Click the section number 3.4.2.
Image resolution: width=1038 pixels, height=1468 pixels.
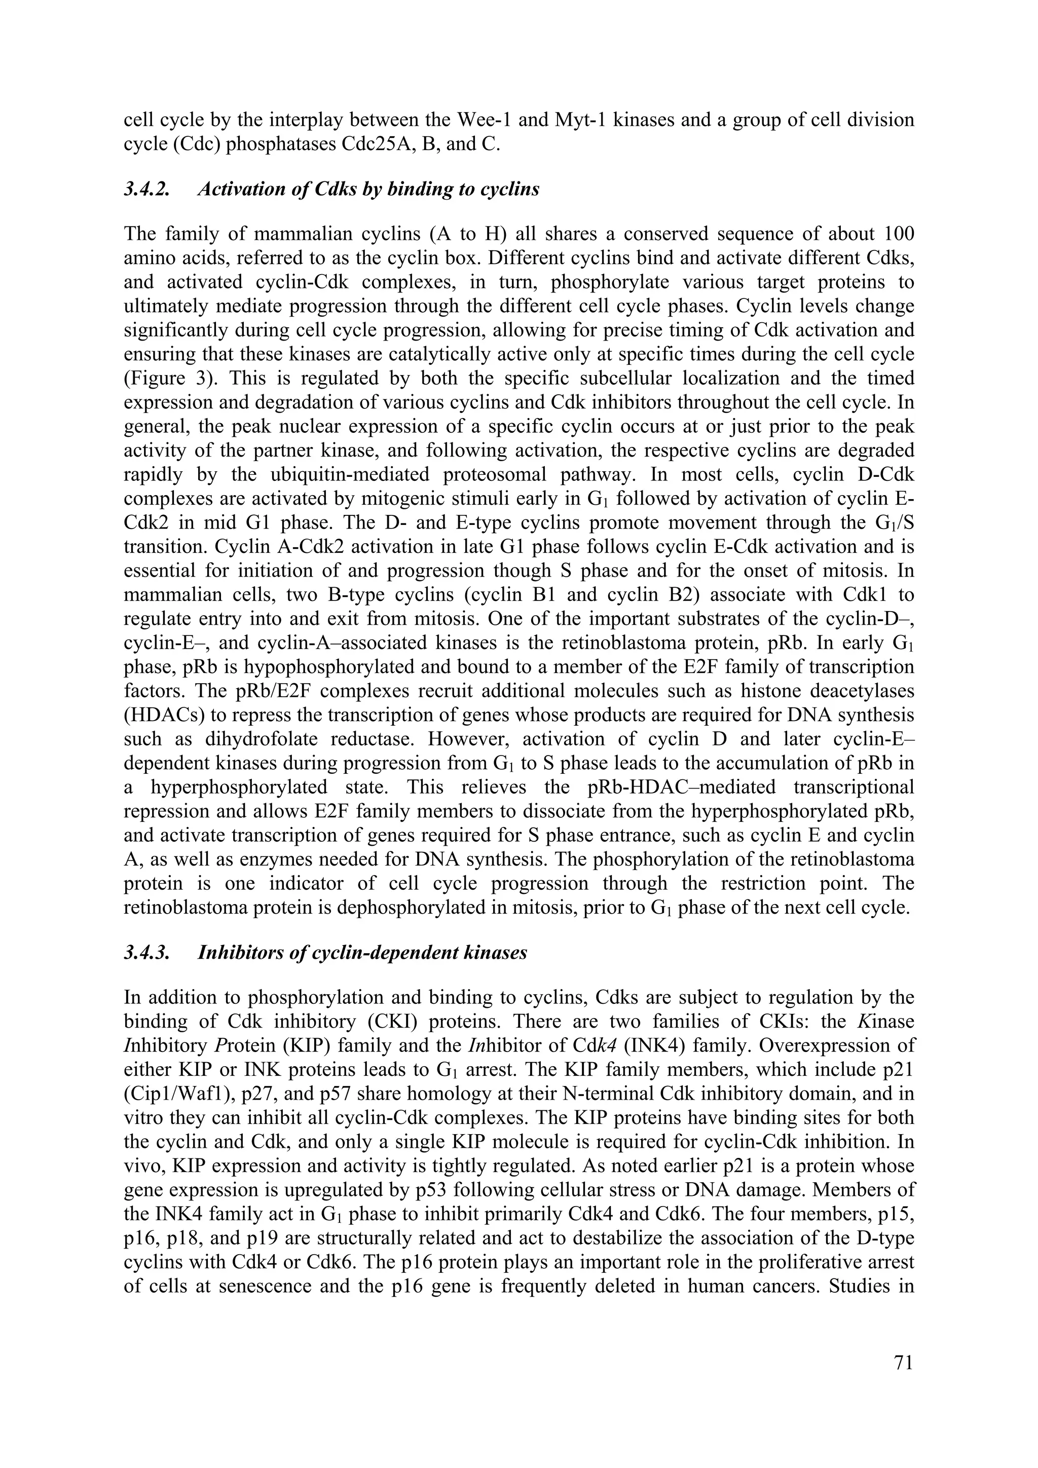147,190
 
